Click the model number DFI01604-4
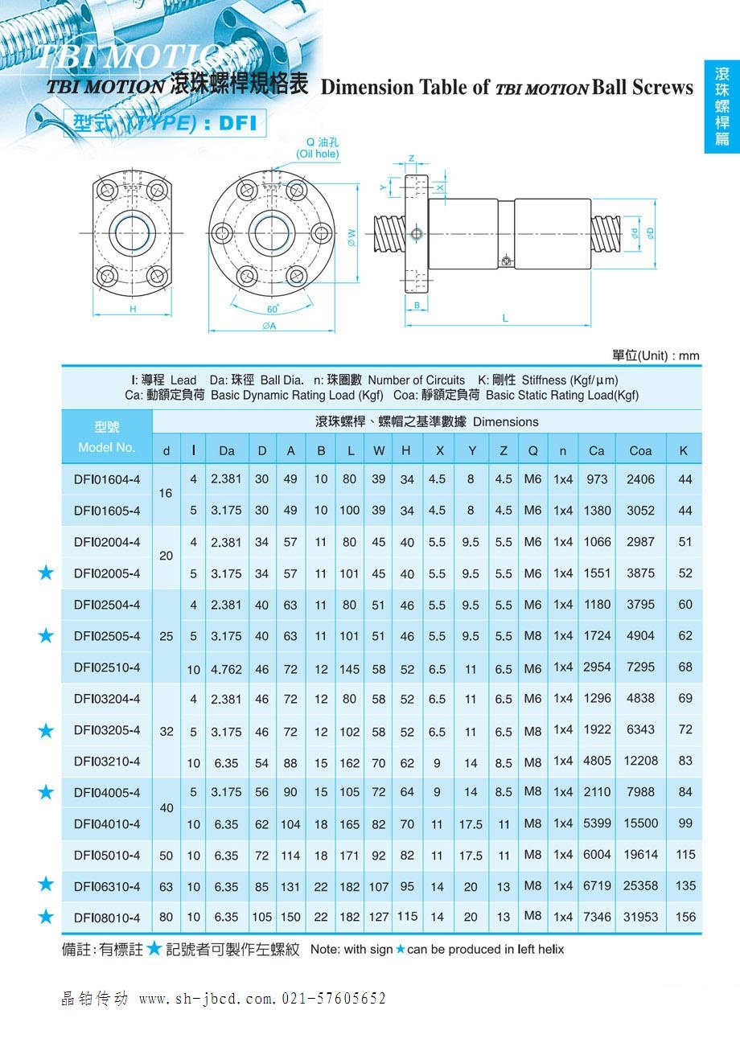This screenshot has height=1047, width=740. [107, 479]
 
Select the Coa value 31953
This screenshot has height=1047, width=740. [640, 917]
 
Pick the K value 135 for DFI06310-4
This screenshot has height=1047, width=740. [685, 886]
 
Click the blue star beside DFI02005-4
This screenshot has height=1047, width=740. [47, 573]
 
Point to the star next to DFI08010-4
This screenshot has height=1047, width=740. [47, 917]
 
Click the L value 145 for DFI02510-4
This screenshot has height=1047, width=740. [351, 668]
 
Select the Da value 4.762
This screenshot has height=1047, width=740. [226, 668]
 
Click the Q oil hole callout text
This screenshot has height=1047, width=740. [318, 148]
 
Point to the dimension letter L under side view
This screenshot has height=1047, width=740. [505, 318]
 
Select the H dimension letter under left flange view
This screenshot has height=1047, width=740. [133, 309]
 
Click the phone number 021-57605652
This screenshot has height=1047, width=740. [334, 999]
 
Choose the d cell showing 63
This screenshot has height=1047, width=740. [166, 887]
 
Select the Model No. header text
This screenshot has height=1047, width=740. [107, 447]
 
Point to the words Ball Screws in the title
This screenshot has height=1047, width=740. [642, 88]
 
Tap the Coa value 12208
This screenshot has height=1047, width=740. [640, 761]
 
